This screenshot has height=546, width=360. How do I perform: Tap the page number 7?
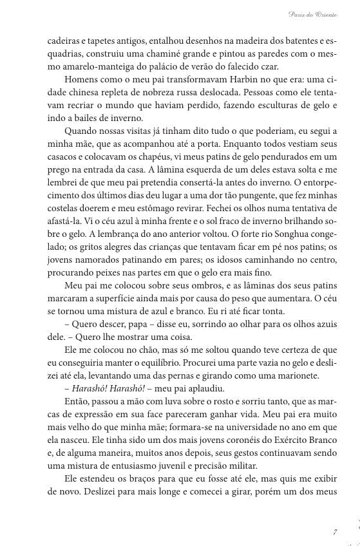(x=335, y=532)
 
